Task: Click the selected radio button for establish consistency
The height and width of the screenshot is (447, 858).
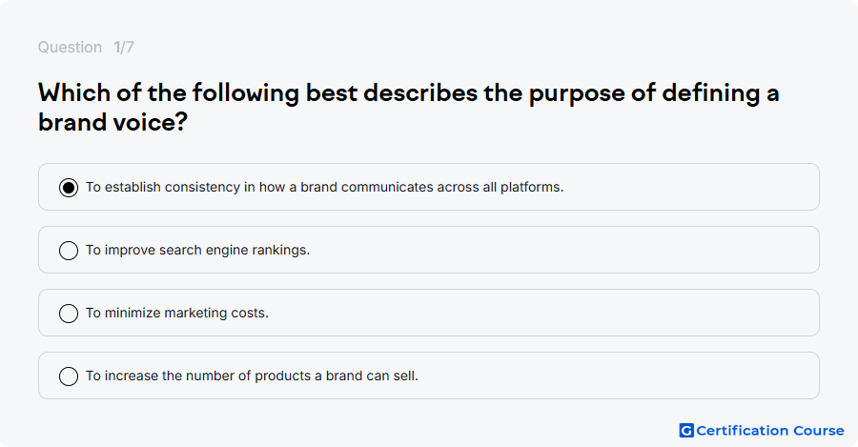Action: click(69, 188)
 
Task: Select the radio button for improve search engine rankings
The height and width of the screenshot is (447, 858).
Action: click(69, 251)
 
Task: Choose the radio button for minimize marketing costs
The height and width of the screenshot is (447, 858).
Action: click(69, 314)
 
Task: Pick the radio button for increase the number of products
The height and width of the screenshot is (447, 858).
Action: click(69, 376)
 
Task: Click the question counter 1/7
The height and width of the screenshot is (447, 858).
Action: click(124, 48)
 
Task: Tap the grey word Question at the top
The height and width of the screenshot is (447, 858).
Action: click(70, 48)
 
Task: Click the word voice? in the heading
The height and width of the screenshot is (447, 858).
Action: click(151, 122)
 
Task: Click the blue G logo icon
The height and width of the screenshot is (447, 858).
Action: click(686, 431)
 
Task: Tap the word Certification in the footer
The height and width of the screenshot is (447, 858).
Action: click(742, 431)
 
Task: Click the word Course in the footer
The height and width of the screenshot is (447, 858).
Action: click(819, 431)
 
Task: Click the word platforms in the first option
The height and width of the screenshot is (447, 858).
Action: click(531, 187)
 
